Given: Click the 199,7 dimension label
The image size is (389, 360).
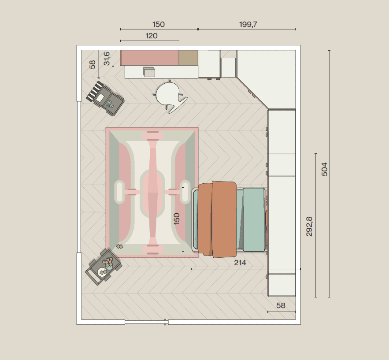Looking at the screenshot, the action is pyautogui.click(x=248, y=24).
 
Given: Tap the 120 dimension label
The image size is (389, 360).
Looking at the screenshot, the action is pyautogui.click(x=152, y=36).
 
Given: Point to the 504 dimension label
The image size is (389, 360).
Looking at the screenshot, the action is pyautogui.click(x=325, y=169).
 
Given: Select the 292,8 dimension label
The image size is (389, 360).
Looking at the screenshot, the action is pyautogui.click(x=309, y=226).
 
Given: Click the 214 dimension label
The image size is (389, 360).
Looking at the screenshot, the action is pyautogui.click(x=240, y=263).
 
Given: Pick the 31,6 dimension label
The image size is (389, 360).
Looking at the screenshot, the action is pyautogui.click(x=107, y=59).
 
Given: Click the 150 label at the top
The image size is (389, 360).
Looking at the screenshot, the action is pyautogui.click(x=159, y=24).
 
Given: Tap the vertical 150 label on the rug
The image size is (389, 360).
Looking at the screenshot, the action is pyautogui.click(x=176, y=219).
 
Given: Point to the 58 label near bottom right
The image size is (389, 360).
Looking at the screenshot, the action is pyautogui.click(x=281, y=305).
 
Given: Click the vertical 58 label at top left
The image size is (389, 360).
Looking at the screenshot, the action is pyautogui.click(x=92, y=64).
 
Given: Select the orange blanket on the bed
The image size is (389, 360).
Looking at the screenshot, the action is pyautogui.click(x=217, y=219).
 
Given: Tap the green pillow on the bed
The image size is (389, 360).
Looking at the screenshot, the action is pyautogui.click(x=254, y=219).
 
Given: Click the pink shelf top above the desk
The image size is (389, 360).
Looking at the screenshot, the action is pyautogui.click(x=149, y=58).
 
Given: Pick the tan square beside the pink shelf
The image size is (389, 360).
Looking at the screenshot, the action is pyautogui.click(x=188, y=58).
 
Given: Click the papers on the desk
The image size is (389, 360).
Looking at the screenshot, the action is pyautogui.click(x=149, y=72).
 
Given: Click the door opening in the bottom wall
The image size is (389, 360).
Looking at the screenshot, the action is pyautogui.click(x=146, y=322).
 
